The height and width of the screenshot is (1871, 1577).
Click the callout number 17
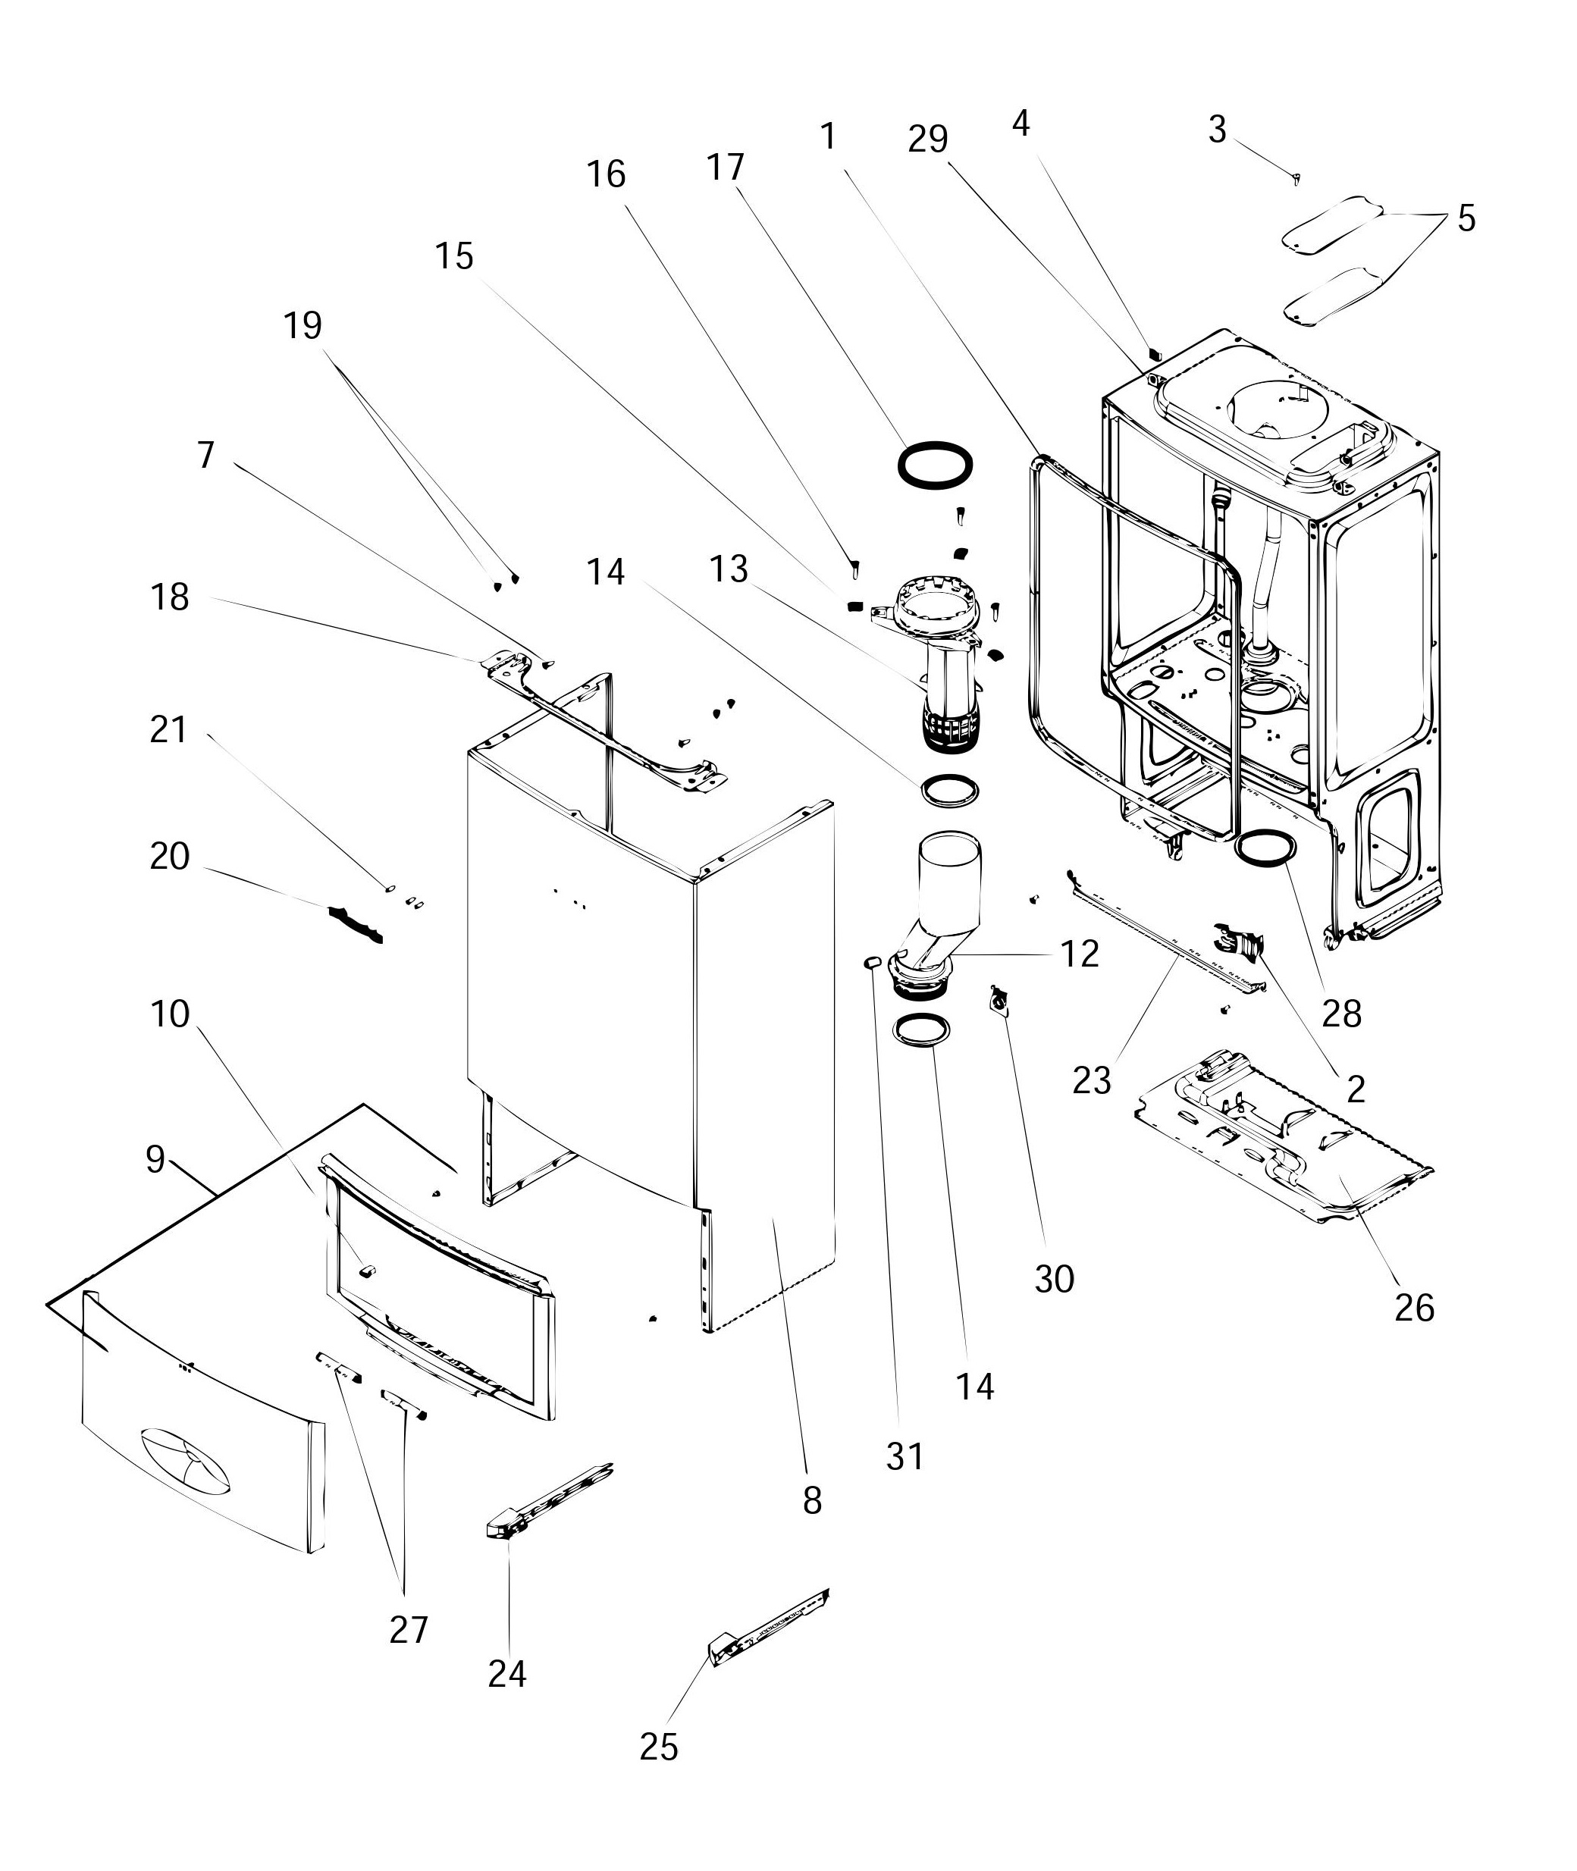tap(724, 168)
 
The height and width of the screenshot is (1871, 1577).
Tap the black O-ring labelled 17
tap(935, 465)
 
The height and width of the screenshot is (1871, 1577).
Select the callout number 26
tap(1413, 1308)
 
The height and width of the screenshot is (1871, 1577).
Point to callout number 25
tap(659, 1746)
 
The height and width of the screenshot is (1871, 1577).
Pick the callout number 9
tap(155, 1159)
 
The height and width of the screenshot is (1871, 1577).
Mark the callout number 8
tap(812, 1500)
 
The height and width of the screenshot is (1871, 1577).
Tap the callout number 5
tap(1466, 218)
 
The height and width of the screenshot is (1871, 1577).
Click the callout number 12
tap(1080, 954)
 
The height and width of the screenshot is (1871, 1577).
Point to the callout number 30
tap(1054, 1279)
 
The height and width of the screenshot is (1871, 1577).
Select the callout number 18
tap(169, 597)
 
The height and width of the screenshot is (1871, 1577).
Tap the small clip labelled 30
tap(998, 998)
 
